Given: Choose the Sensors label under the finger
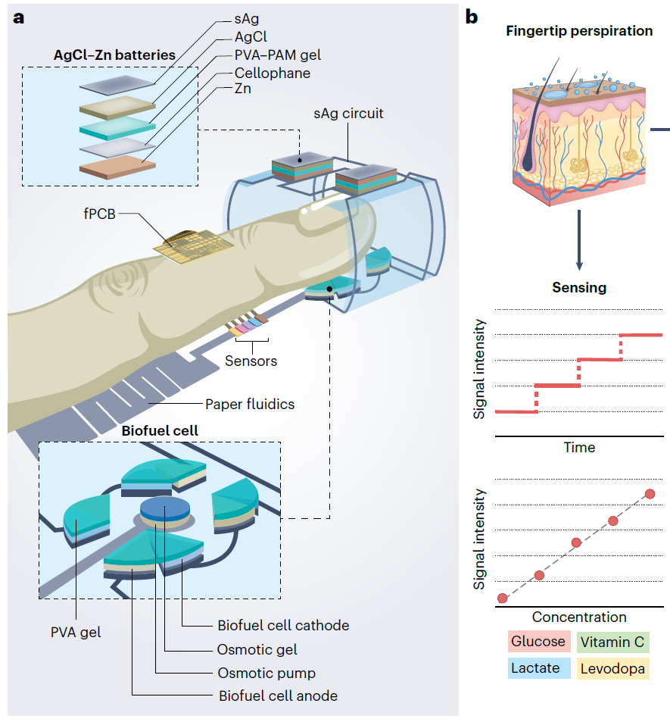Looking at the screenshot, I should click(251, 361).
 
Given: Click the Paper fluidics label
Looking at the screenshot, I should click(250, 404).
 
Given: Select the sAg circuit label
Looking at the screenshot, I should click(348, 114).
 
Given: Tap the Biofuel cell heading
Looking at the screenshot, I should click(160, 430).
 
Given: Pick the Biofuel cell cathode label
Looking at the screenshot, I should click(283, 626).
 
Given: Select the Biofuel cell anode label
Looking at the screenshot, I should click(278, 696).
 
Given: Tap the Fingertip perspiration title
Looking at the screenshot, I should click(580, 32).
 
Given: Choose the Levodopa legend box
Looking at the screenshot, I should click(611, 668).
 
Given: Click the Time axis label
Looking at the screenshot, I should click(579, 447).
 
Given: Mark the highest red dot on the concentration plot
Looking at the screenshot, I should click(650, 494).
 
